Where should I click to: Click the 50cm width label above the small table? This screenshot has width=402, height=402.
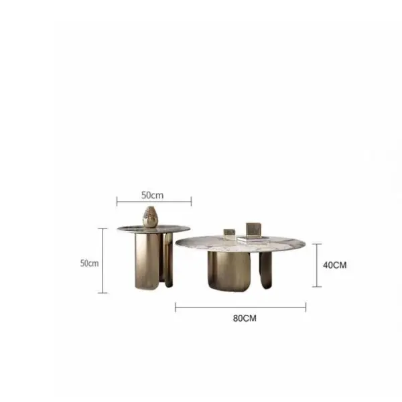152,196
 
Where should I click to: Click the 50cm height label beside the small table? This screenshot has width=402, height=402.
89,263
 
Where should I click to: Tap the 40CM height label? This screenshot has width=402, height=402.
334,265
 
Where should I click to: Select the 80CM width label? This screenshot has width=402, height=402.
245,318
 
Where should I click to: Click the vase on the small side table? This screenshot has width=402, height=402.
150,217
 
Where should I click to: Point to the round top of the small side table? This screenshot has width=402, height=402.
154,229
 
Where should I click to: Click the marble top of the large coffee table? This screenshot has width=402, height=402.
241,244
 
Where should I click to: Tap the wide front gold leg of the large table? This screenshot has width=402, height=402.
229,271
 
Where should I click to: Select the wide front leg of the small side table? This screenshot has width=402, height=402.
147,261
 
